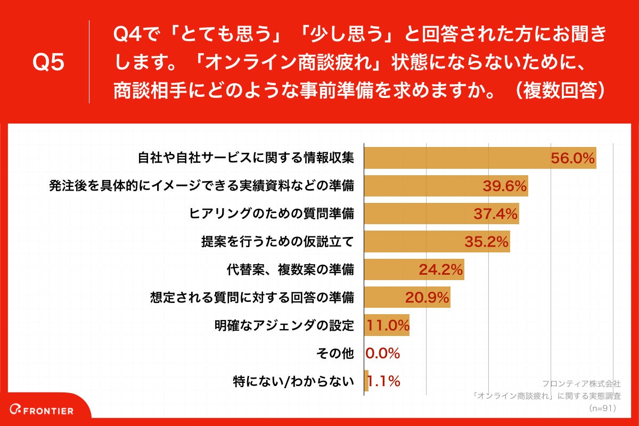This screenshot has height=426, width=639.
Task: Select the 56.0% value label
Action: [572, 158]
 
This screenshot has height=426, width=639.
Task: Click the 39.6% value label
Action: [505, 186]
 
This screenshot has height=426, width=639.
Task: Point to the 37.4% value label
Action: [496, 214]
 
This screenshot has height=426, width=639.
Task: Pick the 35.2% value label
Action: [486, 242]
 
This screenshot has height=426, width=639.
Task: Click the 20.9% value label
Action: [427, 297]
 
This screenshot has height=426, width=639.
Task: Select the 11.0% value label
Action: [387, 325]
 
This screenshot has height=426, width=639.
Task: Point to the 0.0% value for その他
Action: [382, 353]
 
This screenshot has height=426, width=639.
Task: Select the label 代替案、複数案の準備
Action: [290, 269]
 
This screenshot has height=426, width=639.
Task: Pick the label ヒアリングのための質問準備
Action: [272, 214]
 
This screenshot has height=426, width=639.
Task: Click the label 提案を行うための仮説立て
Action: [277, 242]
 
